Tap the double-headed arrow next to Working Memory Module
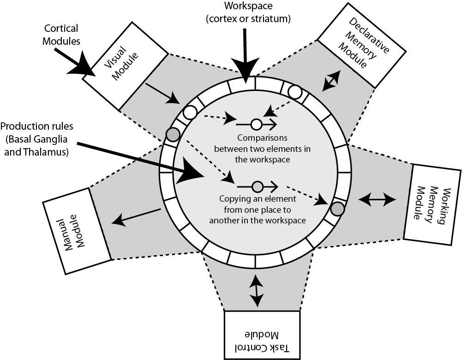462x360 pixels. [x=377, y=199]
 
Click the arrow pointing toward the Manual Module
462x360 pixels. [x=137, y=216]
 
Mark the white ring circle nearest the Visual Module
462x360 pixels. [x=189, y=112]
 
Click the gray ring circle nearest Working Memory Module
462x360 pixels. [x=338, y=209]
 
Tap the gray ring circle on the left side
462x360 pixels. [x=173, y=134]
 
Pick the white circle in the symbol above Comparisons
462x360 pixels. [x=257, y=124]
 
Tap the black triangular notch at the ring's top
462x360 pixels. [x=248, y=80]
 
